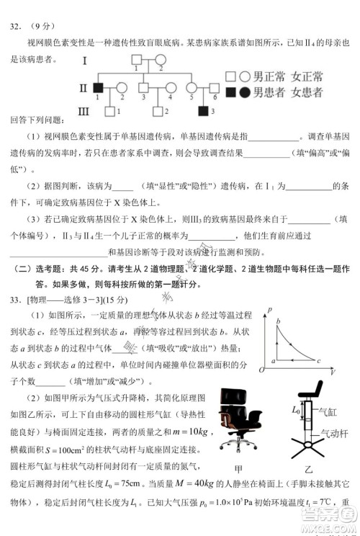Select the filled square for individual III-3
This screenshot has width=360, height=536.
pos(203,110)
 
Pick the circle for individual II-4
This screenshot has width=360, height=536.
pos(170,88)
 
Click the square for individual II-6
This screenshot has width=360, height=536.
pos(214,88)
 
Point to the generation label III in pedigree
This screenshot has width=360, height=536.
pos(83,110)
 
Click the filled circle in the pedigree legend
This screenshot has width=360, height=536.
pos(246,92)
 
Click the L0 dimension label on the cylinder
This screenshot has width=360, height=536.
pos(295,411)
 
